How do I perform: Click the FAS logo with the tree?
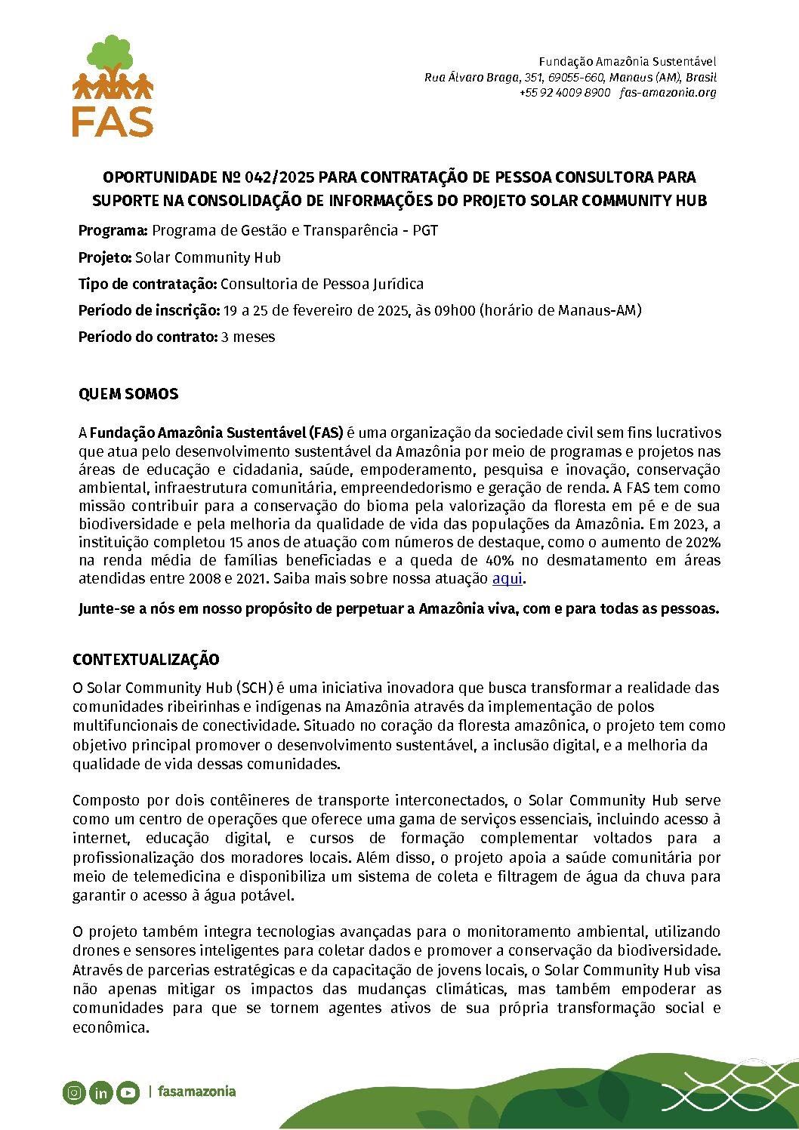click(x=113, y=86)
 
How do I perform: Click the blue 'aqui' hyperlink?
click(x=507, y=579)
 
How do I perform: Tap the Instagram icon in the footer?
click(x=74, y=1092)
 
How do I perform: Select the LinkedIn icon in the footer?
click(x=100, y=1092)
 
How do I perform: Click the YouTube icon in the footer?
click(x=128, y=1092)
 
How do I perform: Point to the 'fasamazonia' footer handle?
click(x=196, y=1092)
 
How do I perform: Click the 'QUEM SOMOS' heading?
click(x=128, y=394)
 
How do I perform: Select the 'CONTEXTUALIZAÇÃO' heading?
click(x=146, y=660)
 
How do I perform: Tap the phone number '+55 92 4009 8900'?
click(x=564, y=93)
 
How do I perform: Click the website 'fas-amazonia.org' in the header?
click(x=668, y=93)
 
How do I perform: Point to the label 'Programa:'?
click(x=113, y=231)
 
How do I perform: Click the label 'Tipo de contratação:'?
click(x=147, y=285)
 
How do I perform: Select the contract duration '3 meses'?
click(x=248, y=337)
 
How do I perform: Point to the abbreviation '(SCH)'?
click(x=254, y=688)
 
